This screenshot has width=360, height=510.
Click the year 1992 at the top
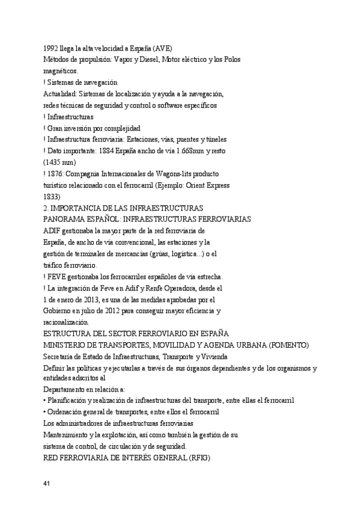50,48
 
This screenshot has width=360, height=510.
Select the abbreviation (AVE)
163,48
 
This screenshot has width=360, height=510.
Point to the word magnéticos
61,70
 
